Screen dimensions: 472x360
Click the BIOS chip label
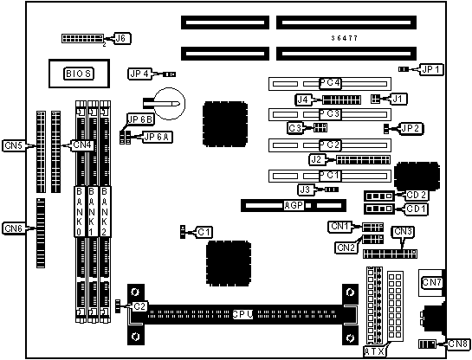click(79, 74)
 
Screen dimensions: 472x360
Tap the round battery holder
click(169, 104)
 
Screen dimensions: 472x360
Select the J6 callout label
click(121, 38)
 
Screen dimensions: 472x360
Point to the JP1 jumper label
click(431, 69)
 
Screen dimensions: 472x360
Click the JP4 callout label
click(139, 74)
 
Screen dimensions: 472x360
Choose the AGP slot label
click(294, 206)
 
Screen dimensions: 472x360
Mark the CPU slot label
click(242, 315)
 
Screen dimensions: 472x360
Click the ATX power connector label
click(375, 351)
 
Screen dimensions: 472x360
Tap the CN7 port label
click(431, 282)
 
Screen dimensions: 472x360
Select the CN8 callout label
click(457, 344)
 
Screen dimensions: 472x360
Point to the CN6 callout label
click(14, 228)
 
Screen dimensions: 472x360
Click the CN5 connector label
click(14, 146)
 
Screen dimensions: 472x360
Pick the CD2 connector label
click(417, 196)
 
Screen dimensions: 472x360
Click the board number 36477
click(345, 38)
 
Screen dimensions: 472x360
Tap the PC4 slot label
click(330, 83)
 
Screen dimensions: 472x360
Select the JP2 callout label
click(411, 129)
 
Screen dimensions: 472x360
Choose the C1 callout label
click(204, 232)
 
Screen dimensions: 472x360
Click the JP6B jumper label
click(140, 119)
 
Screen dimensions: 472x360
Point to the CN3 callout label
click(403, 232)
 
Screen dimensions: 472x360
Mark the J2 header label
click(317, 159)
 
